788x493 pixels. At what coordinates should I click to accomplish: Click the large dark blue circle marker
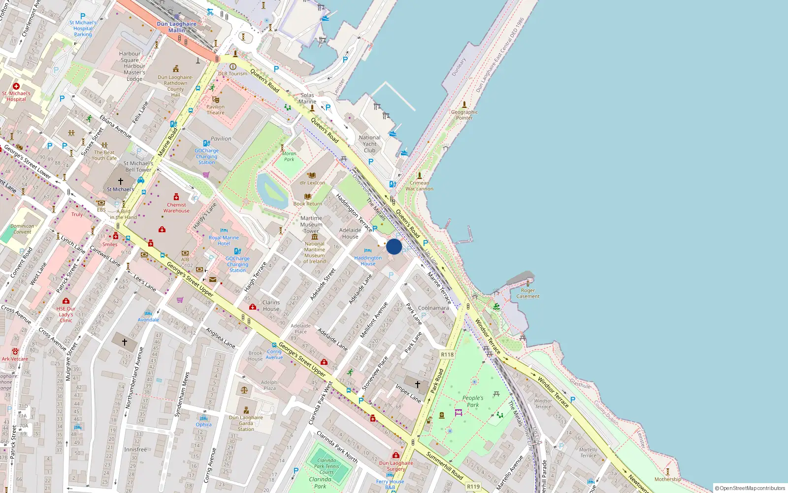pos(394,246)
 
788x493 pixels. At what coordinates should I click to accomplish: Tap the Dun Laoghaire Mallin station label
pos(176,27)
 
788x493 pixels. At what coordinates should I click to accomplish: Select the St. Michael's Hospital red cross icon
pos(16,86)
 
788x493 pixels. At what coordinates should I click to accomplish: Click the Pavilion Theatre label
pos(215,109)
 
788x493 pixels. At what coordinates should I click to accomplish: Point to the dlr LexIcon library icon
pos(312,175)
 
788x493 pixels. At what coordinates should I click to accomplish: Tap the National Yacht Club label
pos(369,144)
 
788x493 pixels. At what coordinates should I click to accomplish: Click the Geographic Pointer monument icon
pos(464,105)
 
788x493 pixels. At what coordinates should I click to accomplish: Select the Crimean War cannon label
pos(419,186)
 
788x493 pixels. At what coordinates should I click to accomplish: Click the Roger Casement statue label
pos(528,293)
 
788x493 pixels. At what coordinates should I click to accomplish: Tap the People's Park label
pos(473,401)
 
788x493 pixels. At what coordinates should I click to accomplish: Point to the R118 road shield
pos(447,354)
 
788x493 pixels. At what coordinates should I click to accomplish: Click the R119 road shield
pos(473,487)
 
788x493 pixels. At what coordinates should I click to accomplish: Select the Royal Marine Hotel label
pos(224,241)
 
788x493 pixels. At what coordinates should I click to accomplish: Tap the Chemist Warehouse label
pos(176,208)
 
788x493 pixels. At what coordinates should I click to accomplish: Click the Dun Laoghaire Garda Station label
pos(246,423)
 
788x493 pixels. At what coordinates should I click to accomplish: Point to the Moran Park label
pos(289,156)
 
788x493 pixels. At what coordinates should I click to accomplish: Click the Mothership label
pos(668,479)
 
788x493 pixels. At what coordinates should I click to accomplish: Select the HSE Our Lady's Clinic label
pos(66,315)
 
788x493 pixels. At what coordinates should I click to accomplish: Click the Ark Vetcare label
pos(15,359)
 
